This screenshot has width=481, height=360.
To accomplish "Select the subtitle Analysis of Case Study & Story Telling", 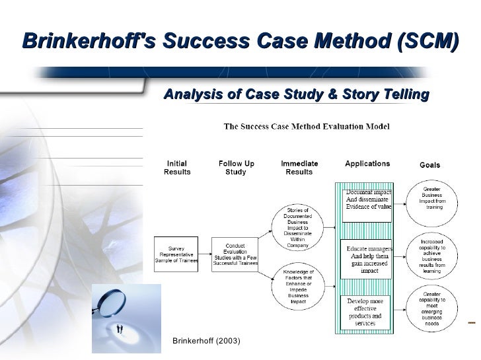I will tap(295, 95).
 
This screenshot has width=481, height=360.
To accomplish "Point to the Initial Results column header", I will tap(176, 168).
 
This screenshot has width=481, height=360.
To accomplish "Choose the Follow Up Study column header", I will tap(236, 168).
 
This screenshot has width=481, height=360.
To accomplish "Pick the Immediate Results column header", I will tap(299, 168).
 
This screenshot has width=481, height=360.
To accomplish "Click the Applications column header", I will tap(367, 163).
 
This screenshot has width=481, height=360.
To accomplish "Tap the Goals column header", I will tap(430, 165).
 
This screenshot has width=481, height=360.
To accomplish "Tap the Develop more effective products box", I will tap(368, 312).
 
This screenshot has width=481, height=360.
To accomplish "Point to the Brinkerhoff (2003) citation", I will tap(206, 341).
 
